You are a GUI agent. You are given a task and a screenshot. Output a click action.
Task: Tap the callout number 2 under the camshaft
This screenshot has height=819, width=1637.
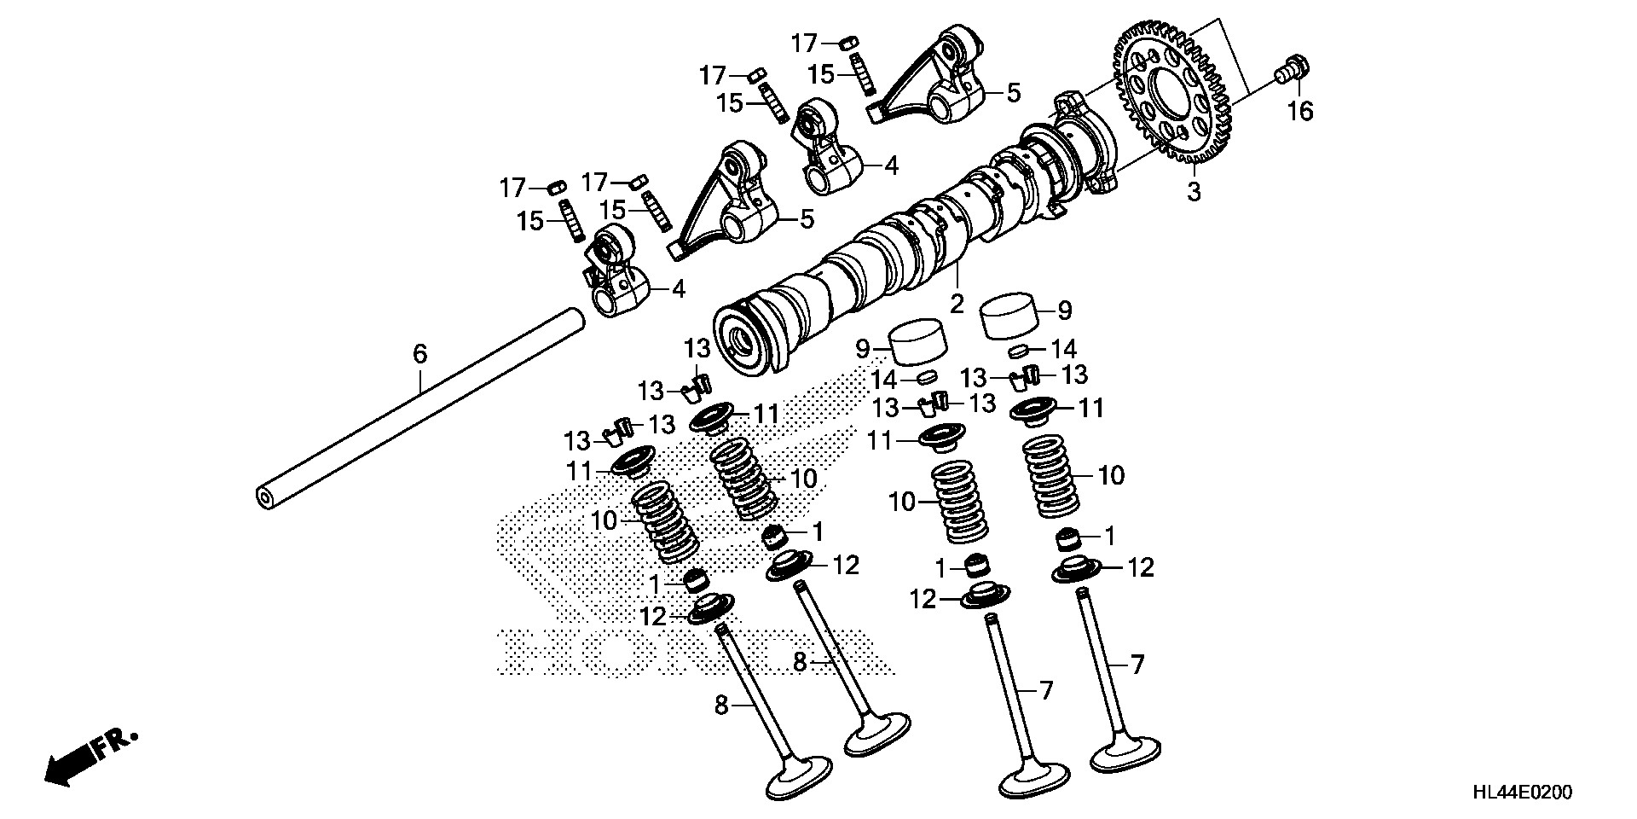[957, 303]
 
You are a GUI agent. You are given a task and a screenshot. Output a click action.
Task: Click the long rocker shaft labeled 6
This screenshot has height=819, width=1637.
[418, 409]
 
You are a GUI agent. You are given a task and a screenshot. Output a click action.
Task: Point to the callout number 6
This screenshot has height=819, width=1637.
[419, 353]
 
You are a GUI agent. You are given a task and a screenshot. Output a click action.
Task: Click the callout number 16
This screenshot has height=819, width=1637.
[1300, 111]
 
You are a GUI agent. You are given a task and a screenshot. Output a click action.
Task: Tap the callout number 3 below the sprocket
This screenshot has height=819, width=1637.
[1194, 191]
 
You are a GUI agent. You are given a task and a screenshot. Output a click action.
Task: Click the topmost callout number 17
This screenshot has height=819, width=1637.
[805, 43]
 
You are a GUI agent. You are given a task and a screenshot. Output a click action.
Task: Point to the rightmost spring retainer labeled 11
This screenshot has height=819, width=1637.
[1036, 409]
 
